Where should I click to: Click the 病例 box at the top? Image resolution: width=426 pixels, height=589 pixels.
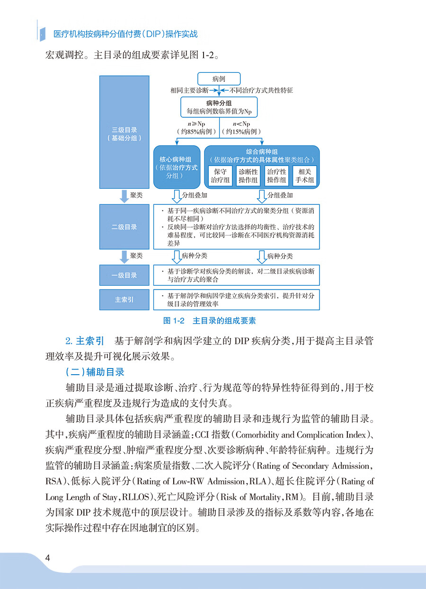(219, 79)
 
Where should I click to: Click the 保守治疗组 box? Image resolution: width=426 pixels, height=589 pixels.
(220, 176)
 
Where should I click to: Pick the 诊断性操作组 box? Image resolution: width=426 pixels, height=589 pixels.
(248, 176)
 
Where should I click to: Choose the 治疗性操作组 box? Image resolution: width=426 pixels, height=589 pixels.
(276, 176)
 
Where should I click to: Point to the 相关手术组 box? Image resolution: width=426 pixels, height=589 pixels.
(304, 176)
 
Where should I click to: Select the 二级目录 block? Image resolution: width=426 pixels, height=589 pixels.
(124, 227)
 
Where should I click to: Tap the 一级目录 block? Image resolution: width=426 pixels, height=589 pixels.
(124, 275)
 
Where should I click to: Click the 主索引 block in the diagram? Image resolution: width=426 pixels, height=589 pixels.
(124, 299)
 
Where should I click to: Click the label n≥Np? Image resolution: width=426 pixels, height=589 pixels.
(196, 124)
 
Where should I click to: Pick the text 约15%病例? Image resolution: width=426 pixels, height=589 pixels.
(242, 132)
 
